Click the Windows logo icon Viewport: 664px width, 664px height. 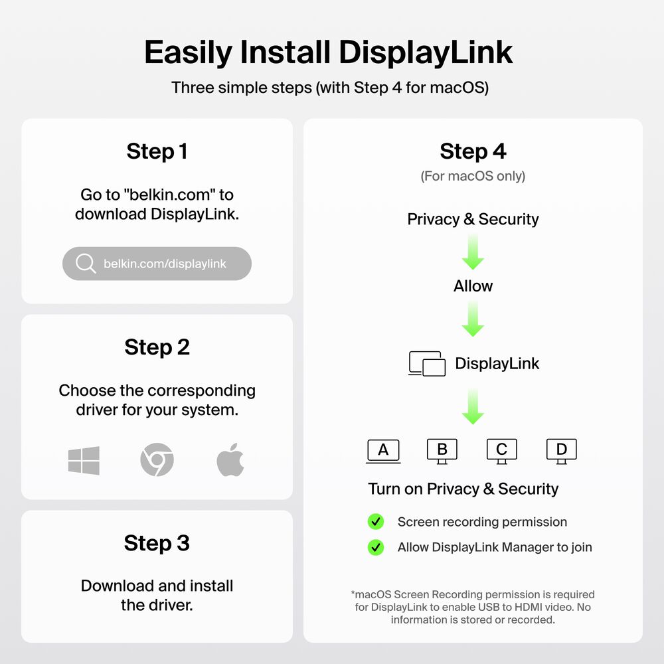pyautogui.click(x=84, y=460)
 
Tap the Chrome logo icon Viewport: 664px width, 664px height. pyautogui.click(x=157, y=460)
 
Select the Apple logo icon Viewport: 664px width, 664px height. pyautogui.click(x=230, y=460)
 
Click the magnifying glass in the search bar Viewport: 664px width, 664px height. pyautogui.click(x=86, y=264)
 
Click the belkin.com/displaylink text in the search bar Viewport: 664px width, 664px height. pyautogui.click(x=165, y=264)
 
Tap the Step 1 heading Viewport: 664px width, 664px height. pyautogui.click(x=157, y=151)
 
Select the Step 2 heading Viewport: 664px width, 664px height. pyautogui.click(x=157, y=347)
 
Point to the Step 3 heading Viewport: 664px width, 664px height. pyautogui.click(x=157, y=543)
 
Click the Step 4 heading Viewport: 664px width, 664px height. pyautogui.click(x=473, y=151)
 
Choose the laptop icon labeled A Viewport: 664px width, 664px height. pyautogui.click(x=383, y=452)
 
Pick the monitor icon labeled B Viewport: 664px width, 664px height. pyautogui.click(x=442, y=452)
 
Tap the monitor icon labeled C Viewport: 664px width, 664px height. pyautogui.click(x=502, y=452)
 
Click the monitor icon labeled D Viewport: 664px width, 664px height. pyautogui.click(x=562, y=452)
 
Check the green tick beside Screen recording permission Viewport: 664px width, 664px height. pyautogui.click(x=376, y=522)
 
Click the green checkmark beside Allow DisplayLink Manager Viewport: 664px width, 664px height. pyautogui.click(x=376, y=547)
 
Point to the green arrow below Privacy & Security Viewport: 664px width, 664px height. pyautogui.click(x=473, y=252)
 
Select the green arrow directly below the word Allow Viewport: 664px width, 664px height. pyautogui.click(x=473, y=319)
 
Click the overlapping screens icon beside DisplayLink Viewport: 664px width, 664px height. pyautogui.click(x=427, y=364)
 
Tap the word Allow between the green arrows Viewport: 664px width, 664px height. pyautogui.click(x=473, y=286)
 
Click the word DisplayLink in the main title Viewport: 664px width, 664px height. pyautogui.click(x=426, y=52)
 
